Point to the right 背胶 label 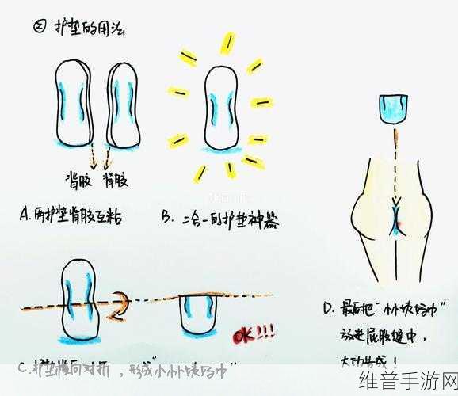[116, 181]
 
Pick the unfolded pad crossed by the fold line [80, 299]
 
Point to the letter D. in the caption [330, 307]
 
